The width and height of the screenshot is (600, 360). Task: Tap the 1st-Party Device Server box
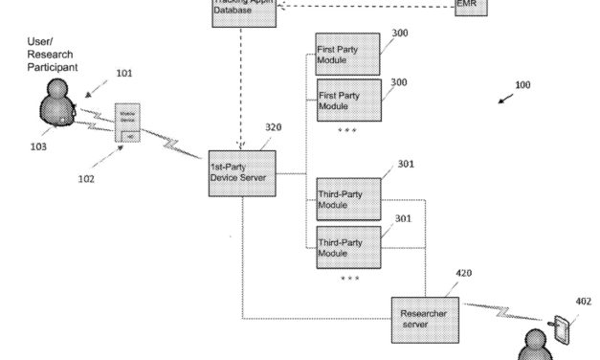[x=242, y=174]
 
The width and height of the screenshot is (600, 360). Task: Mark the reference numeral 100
[x=522, y=85]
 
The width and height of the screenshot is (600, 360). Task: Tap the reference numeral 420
[x=463, y=273]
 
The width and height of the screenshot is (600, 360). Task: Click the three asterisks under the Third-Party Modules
[x=349, y=279]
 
